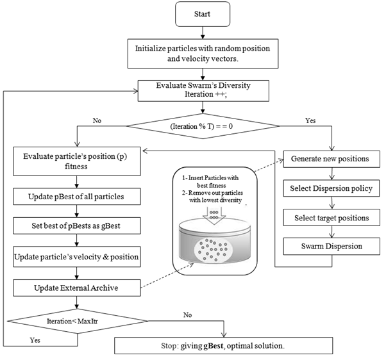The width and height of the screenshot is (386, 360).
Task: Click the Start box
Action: tap(203, 14)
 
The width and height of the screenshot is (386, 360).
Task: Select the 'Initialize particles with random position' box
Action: tap(203, 53)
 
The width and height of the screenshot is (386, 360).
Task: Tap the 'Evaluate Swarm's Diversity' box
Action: tap(203, 91)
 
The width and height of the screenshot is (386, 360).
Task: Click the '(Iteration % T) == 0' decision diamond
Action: tap(203, 126)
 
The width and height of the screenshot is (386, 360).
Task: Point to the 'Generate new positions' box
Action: tap(331, 159)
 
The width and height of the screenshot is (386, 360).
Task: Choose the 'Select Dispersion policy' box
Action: tap(331, 188)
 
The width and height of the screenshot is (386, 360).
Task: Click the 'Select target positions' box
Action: tap(331, 218)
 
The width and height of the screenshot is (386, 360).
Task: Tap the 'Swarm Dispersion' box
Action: tap(331, 246)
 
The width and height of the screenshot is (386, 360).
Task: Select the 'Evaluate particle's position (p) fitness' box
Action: tap(77, 161)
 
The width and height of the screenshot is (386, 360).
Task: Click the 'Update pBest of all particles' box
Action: tap(77, 197)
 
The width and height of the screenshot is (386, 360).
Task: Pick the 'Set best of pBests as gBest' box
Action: tap(77, 225)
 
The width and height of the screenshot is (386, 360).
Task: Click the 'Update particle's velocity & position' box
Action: tap(77, 257)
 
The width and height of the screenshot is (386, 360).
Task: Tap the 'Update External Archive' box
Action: tap(77, 288)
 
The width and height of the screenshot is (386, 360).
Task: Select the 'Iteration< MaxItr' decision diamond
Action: tap(78, 321)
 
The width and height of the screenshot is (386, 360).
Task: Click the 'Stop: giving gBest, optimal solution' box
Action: tap(224, 346)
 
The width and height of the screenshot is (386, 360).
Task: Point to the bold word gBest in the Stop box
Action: tap(214, 346)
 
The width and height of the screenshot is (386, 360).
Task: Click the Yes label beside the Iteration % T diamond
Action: tap(310, 120)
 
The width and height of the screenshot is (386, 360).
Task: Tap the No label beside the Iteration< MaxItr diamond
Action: tap(187, 315)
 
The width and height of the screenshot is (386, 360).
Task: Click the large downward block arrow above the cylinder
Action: tap(214, 215)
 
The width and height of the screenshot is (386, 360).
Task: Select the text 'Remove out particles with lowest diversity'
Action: tap(212, 197)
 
